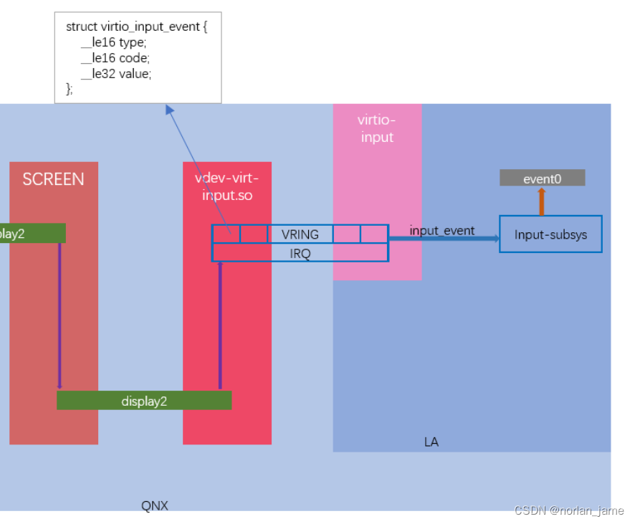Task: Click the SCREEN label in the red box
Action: (x=53, y=179)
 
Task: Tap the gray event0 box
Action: (x=542, y=178)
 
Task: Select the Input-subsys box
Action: (x=550, y=234)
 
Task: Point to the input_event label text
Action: (x=441, y=231)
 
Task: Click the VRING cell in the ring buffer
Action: (x=300, y=234)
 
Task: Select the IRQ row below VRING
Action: (x=300, y=252)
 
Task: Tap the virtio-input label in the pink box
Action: (x=377, y=128)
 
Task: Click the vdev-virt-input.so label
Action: (x=226, y=186)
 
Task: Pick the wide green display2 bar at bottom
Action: (x=143, y=401)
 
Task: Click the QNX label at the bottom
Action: (x=154, y=505)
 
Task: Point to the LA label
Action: (x=431, y=442)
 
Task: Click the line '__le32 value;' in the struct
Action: (x=116, y=73)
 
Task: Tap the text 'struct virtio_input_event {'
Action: (x=136, y=26)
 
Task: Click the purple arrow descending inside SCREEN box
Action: (x=59, y=315)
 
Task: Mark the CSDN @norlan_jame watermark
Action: (x=568, y=510)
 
